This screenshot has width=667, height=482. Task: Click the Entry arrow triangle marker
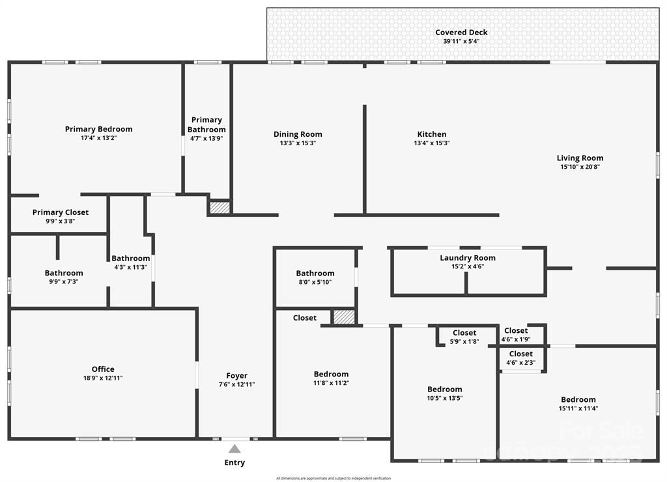(234, 449)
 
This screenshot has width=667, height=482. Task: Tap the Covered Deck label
(461, 33)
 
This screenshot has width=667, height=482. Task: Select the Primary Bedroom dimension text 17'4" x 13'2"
(98, 138)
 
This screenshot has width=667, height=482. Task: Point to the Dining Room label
(298, 134)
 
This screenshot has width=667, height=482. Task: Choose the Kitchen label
(432, 134)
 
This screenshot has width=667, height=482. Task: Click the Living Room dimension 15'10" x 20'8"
(580, 167)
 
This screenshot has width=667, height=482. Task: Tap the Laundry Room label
(467, 258)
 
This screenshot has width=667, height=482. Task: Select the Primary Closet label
(61, 212)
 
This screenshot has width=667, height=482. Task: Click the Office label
(103, 369)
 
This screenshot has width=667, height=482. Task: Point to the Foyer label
(236, 375)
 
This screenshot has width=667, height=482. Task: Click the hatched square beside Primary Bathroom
(220, 208)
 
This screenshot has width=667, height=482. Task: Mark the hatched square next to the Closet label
(344, 317)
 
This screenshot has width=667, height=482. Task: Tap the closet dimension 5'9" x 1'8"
(464, 341)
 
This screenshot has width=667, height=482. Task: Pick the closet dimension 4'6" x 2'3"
(520, 363)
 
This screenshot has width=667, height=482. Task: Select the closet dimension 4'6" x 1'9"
(516, 339)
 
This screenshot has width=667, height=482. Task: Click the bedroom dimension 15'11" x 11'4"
(578, 408)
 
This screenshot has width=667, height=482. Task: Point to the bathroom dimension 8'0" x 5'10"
(315, 282)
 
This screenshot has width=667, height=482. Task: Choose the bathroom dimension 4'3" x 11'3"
(130, 266)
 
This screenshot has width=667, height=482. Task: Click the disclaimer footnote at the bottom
(333, 478)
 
